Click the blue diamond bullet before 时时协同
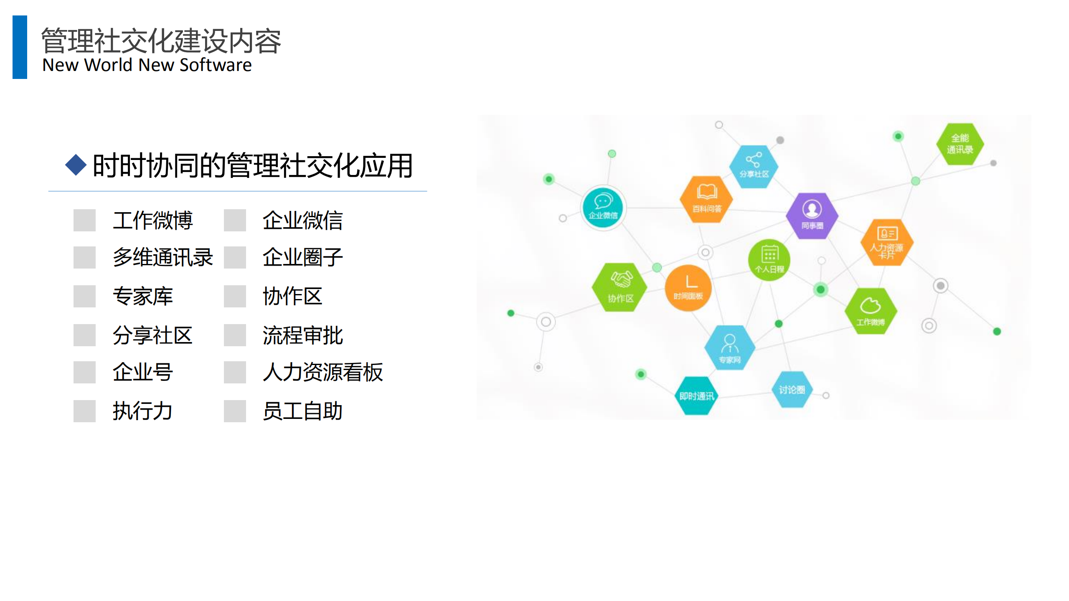coord(76,165)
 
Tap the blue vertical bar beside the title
coord(20,47)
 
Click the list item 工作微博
coord(152,220)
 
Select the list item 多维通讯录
coord(163,257)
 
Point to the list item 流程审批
coord(302,335)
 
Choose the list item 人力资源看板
coord(322,372)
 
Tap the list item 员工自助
coord(302,411)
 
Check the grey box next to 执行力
coord(84,411)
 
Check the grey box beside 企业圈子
coord(235,257)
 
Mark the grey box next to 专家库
coord(84,296)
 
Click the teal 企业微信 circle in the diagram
coord(603,208)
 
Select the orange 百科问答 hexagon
coord(706,200)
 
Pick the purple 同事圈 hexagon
coord(812,216)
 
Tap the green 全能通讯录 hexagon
coord(960,144)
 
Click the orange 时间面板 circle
coord(688,288)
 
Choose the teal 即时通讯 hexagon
coord(696,395)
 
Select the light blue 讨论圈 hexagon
coord(791,389)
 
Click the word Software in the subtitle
coord(216,65)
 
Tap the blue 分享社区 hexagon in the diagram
coord(754,166)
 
